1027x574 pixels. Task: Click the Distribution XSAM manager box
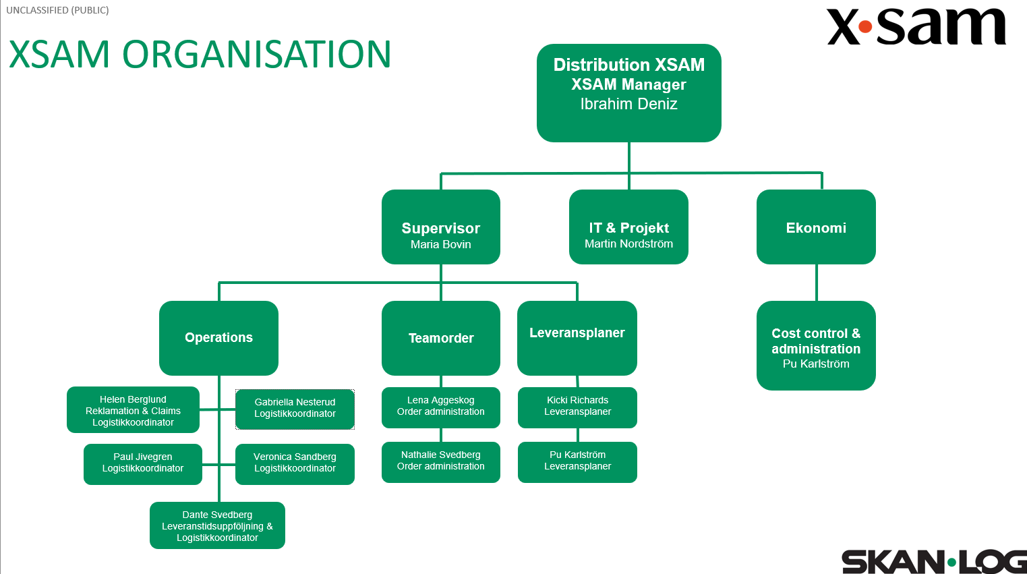click(628, 92)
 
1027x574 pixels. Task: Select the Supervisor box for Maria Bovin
click(440, 227)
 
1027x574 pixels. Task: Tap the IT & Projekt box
click(628, 227)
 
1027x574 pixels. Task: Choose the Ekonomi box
click(816, 227)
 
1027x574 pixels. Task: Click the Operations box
click(218, 337)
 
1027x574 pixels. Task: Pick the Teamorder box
click(440, 337)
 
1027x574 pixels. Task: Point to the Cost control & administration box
click(816, 345)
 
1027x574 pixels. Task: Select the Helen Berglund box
click(133, 409)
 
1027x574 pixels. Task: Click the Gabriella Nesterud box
click(295, 409)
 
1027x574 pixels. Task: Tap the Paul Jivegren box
click(142, 463)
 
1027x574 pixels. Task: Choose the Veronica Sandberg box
click(295, 463)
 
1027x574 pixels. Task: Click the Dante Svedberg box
click(217, 525)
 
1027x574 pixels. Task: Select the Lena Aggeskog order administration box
click(440, 407)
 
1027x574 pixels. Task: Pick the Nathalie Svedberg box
click(440, 461)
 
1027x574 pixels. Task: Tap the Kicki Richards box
click(577, 407)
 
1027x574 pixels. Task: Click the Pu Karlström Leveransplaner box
click(577, 461)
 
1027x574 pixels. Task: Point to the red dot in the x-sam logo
click(865, 28)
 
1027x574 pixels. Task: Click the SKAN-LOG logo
click(933, 561)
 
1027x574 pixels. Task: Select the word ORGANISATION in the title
click(256, 55)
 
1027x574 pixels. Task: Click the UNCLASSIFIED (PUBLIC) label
click(57, 10)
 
